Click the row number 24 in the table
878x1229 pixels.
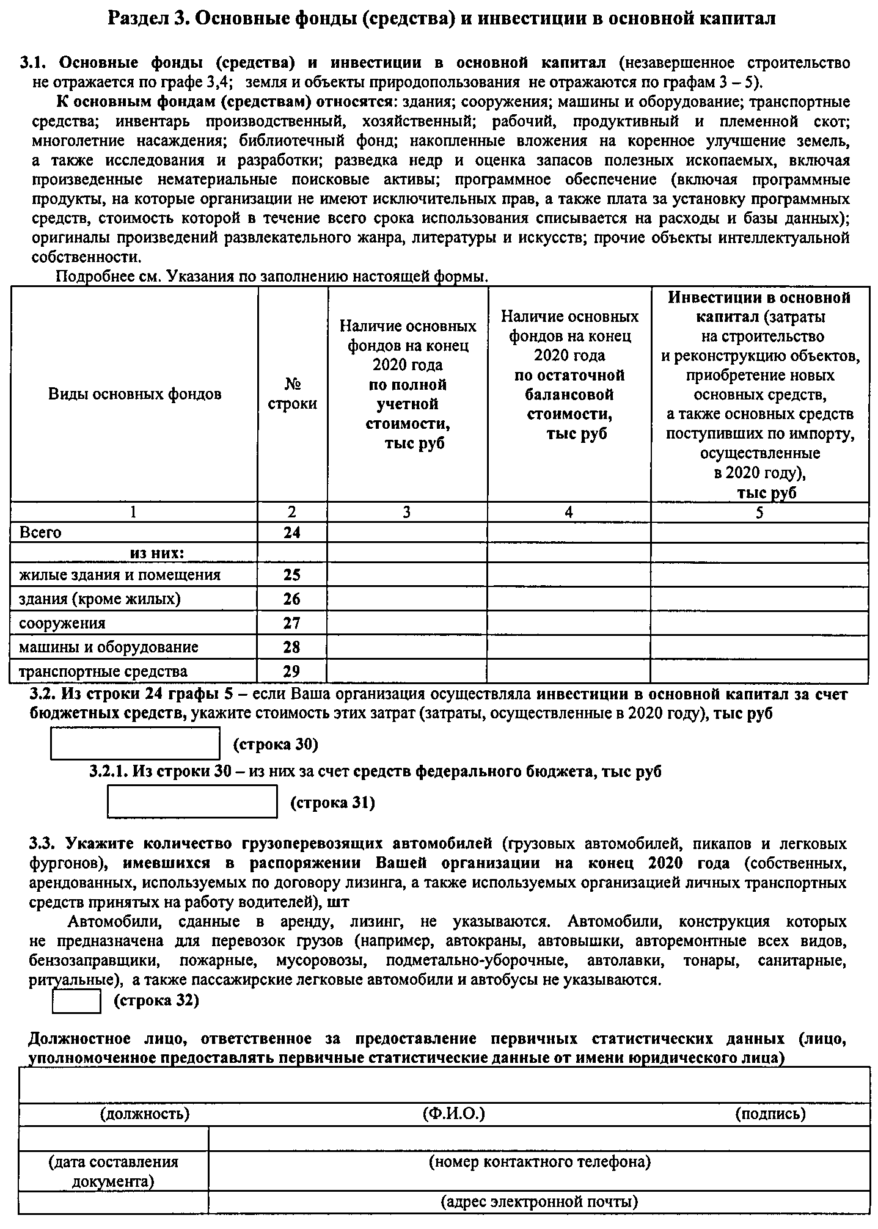(x=292, y=533)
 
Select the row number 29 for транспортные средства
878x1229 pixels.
(x=292, y=671)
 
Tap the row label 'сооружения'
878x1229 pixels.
(x=62, y=623)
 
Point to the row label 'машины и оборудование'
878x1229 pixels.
(x=109, y=647)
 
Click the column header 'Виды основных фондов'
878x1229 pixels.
(x=134, y=394)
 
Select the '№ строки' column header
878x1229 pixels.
(x=293, y=394)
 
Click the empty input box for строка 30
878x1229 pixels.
(x=135, y=743)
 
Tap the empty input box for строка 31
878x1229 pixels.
(x=192, y=801)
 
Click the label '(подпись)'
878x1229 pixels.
(x=770, y=1114)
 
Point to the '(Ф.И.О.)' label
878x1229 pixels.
(x=453, y=1114)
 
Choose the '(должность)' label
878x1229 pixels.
(x=145, y=1114)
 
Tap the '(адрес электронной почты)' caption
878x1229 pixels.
(x=540, y=1202)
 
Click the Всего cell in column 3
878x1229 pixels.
(x=408, y=533)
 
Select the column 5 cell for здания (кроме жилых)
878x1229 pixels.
(x=759, y=599)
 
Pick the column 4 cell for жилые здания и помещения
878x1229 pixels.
(x=569, y=575)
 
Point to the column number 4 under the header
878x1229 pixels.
(x=569, y=512)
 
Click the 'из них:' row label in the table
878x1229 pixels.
(x=157, y=553)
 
